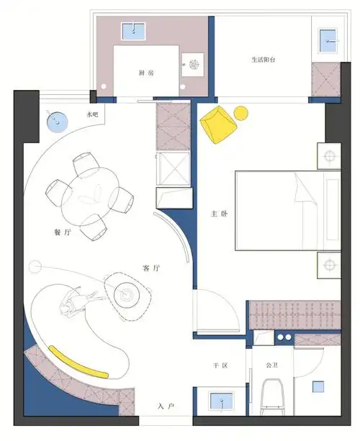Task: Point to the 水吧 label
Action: [92, 115]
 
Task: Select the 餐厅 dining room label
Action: [63, 232]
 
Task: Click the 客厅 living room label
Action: [151, 268]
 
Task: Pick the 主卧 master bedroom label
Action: [219, 214]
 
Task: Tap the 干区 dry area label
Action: [220, 366]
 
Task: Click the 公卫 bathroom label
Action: [271, 366]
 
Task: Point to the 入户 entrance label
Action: [166, 406]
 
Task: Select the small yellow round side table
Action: [240, 112]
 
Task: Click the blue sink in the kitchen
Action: [133, 30]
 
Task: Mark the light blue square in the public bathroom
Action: [318, 387]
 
